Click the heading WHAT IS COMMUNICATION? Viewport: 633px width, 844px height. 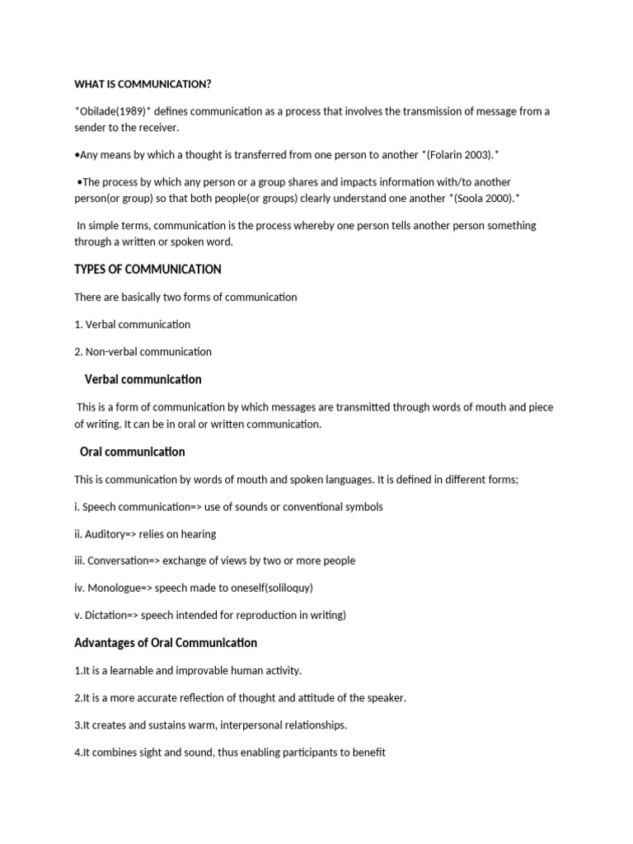(x=148, y=84)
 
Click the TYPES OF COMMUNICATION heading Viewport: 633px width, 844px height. (x=148, y=270)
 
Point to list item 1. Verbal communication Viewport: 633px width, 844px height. (x=132, y=324)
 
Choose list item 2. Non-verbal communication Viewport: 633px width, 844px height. (x=143, y=351)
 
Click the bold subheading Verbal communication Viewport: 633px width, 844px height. (x=143, y=379)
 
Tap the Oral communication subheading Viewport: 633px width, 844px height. (x=132, y=452)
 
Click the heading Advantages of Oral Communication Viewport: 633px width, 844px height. (x=166, y=643)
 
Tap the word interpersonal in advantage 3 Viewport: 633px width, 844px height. (x=236, y=724)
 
